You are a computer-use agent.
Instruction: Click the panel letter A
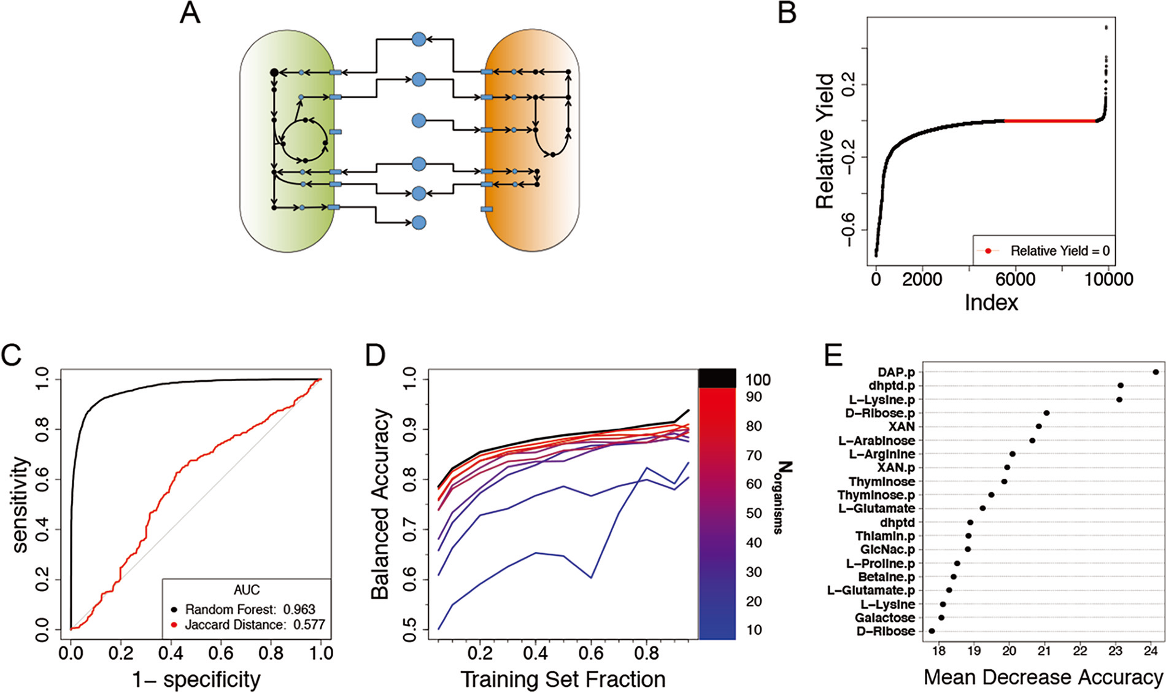coord(190,13)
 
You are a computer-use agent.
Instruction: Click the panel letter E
coord(833,355)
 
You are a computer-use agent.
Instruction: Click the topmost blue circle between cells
coord(419,39)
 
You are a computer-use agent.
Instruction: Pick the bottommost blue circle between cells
coord(419,222)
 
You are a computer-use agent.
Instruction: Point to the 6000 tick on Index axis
coord(1015,279)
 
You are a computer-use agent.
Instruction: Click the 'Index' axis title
coord(991,303)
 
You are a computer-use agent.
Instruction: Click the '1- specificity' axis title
coord(196,679)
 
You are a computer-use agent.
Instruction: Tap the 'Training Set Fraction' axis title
coord(563,679)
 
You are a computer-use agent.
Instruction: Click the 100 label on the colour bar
coord(758,380)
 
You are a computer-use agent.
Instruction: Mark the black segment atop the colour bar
coord(717,378)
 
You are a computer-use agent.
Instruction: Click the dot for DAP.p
coord(1156,372)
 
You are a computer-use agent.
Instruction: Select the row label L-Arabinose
coord(877,441)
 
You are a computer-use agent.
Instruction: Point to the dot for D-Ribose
coord(932,631)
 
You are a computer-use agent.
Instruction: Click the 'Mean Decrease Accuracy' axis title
coord(1043,678)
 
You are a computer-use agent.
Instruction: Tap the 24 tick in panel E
coord(1150,651)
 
